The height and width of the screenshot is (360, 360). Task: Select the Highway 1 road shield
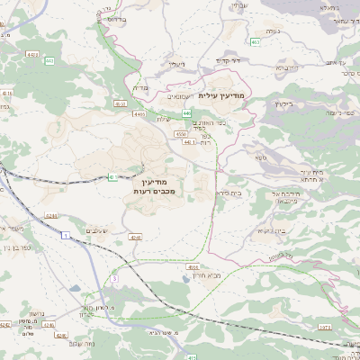coord(66,234)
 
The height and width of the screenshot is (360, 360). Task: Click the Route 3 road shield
coord(115,279)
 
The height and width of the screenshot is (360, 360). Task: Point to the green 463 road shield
coord(256,41)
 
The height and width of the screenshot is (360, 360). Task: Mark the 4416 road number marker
coord(8,93)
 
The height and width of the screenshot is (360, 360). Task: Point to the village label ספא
coord(260,157)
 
